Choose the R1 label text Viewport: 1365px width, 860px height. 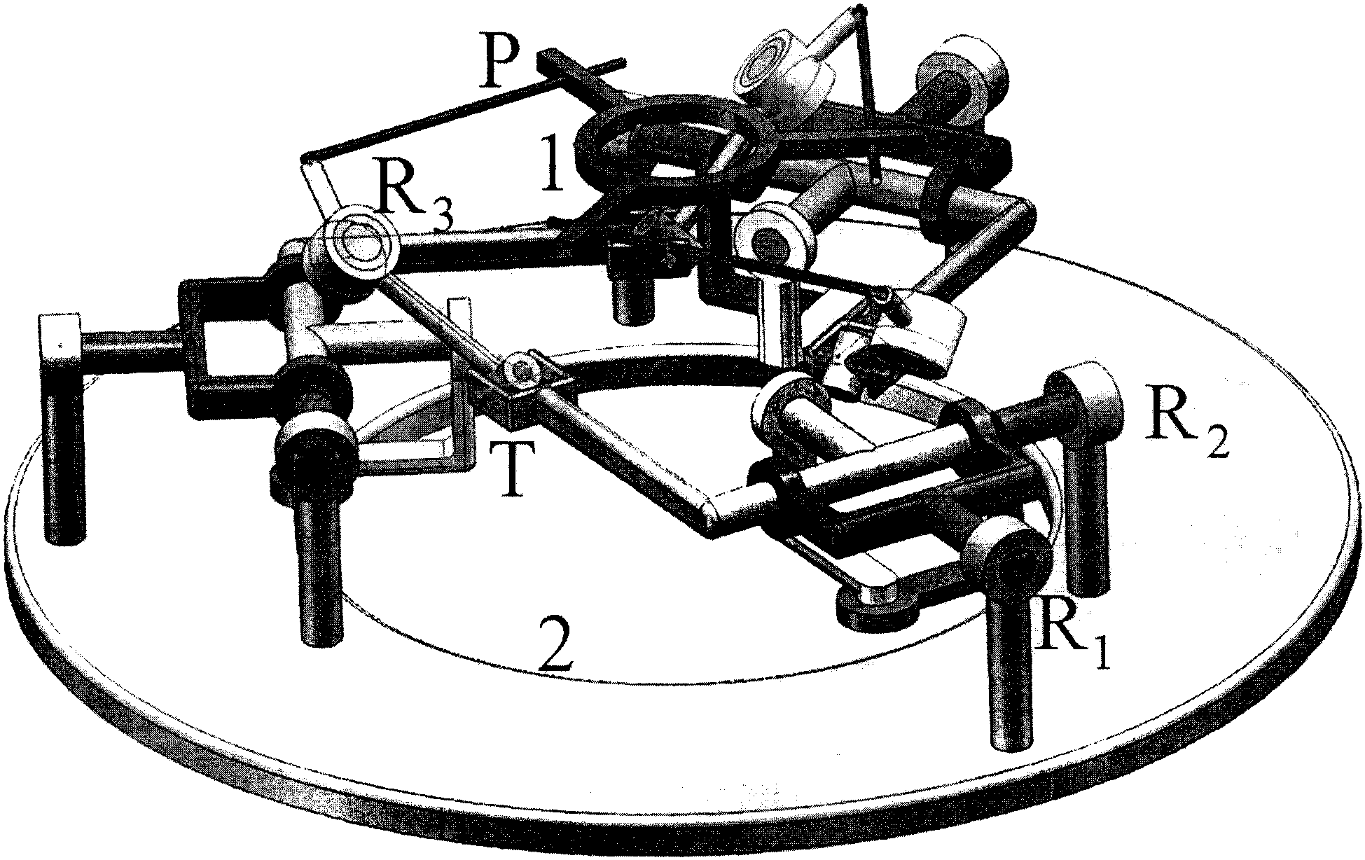click(x=1074, y=641)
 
